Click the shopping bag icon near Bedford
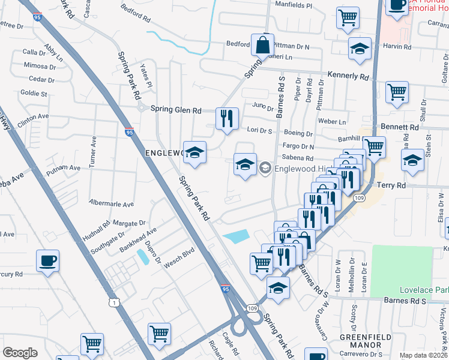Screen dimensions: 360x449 [x=262, y=44]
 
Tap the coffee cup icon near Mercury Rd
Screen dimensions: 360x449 [x=47, y=262]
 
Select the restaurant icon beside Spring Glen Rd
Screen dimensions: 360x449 [x=227, y=118]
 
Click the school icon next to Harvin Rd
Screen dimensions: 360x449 [x=360, y=49]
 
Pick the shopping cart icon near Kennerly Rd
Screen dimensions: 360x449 [x=397, y=92]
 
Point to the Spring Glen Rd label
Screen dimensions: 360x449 [x=176, y=110]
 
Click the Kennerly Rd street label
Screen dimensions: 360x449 [x=348, y=76]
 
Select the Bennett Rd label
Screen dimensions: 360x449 [x=400, y=128]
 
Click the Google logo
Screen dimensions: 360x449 [x=20, y=353]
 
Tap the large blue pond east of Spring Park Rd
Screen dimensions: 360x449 [x=237, y=236]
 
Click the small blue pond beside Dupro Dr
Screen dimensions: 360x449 [x=143, y=257]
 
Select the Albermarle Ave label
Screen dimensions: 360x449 [x=111, y=204]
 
